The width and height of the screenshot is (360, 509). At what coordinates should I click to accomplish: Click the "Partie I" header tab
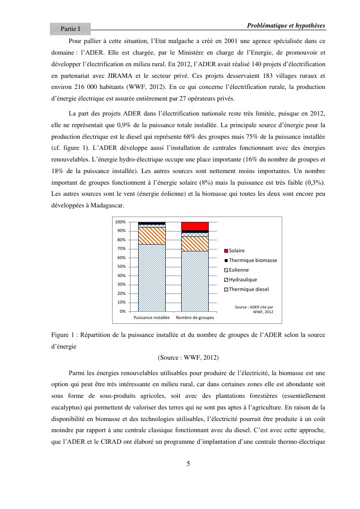coord(70,29)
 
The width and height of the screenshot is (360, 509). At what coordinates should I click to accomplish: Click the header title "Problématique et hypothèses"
coord(286,25)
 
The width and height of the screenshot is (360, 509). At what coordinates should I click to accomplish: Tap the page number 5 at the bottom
coord(188,464)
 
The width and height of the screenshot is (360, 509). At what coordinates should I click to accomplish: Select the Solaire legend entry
coord(237,250)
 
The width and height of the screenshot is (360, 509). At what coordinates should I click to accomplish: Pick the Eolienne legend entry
coord(239,270)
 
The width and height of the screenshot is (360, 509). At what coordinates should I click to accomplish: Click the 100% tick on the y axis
coord(120,222)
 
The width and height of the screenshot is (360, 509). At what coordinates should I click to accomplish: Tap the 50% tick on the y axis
coord(121,266)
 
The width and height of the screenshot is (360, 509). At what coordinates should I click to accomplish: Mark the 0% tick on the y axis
coord(123,311)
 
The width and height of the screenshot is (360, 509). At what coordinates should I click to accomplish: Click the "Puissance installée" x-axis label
coord(151,318)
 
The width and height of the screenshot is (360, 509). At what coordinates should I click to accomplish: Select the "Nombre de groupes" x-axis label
coord(195,318)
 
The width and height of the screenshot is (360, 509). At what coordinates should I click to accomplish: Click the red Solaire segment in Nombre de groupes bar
coord(195,226)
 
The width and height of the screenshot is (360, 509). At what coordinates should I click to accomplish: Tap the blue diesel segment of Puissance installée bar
coord(152,278)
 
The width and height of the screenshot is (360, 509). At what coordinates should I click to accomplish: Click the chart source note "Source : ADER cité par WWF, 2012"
coord(254,309)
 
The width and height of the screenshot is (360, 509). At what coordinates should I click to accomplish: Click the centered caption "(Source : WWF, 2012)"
coord(188,358)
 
